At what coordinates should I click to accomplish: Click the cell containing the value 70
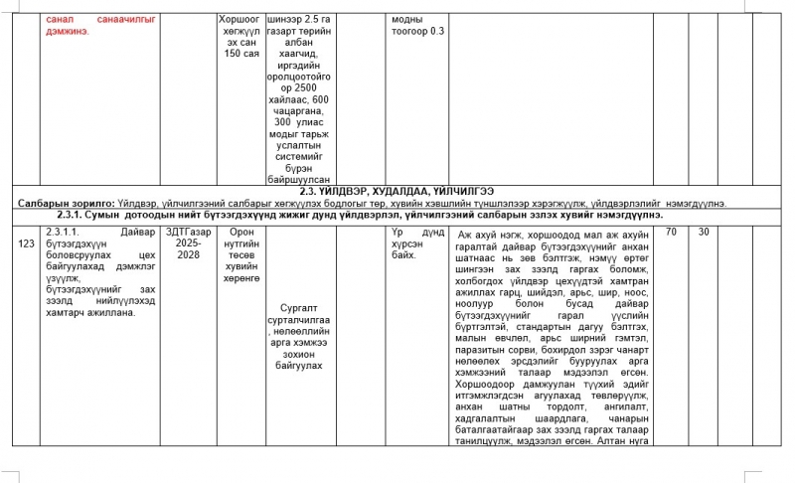point(673,232)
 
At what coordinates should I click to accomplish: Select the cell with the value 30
point(704,232)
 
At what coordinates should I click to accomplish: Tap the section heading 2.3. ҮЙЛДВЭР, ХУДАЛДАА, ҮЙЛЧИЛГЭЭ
point(397,191)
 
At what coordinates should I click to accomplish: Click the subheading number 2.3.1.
point(76,215)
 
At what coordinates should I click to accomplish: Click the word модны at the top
point(407,19)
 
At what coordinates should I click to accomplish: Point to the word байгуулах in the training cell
point(303,367)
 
